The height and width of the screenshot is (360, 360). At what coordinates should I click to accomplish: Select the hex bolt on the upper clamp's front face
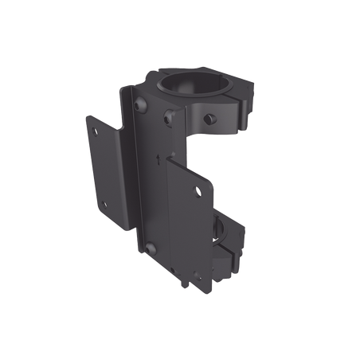point(169,119)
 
